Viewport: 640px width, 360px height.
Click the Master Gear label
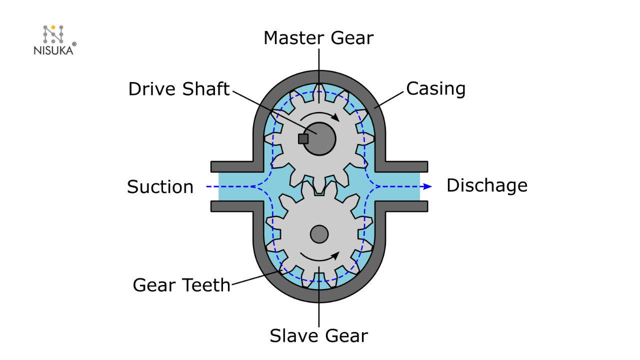pos(318,38)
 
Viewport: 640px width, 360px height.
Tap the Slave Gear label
pos(318,335)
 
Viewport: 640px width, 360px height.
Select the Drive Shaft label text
pos(178,89)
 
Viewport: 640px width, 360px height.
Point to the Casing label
pos(435,88)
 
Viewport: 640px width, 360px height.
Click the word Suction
pos(160,187)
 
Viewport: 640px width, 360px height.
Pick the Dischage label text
pos(486,185)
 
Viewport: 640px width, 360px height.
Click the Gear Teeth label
pos(181,285)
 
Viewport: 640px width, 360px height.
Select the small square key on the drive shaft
pos(303,138)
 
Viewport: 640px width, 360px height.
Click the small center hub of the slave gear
pos(319,233)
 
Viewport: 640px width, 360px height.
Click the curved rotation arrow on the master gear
pos(319,116)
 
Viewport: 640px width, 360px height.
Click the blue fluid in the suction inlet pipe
pos(235,186)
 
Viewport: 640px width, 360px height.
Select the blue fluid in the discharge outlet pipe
pos(400,186)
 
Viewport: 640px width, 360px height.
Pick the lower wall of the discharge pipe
pos(405,206)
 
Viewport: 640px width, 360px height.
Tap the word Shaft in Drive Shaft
pos(206,89)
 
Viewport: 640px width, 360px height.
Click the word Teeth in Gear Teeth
pos(206,285)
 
